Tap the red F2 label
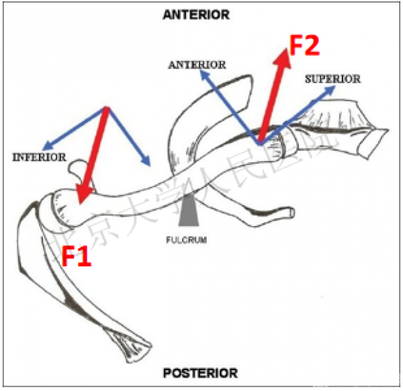[306, 45]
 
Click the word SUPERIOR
[332, 79]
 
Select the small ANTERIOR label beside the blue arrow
[197, 65]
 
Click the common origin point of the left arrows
[107, 108]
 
